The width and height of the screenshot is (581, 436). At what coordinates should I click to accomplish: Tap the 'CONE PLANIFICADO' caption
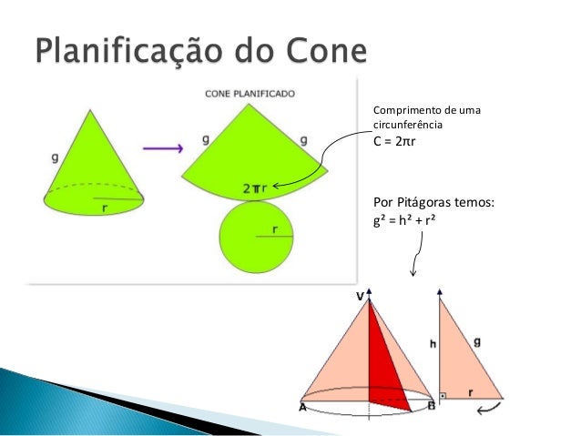[x=251, y=93]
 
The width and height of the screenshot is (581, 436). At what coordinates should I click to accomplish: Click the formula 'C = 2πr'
[x=400, y=142]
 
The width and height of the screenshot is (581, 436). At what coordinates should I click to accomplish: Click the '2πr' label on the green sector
[x=255, y=188]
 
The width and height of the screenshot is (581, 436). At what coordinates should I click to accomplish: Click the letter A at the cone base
[x=302, y=408]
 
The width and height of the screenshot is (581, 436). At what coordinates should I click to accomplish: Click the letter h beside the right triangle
[x=433, y=343]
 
